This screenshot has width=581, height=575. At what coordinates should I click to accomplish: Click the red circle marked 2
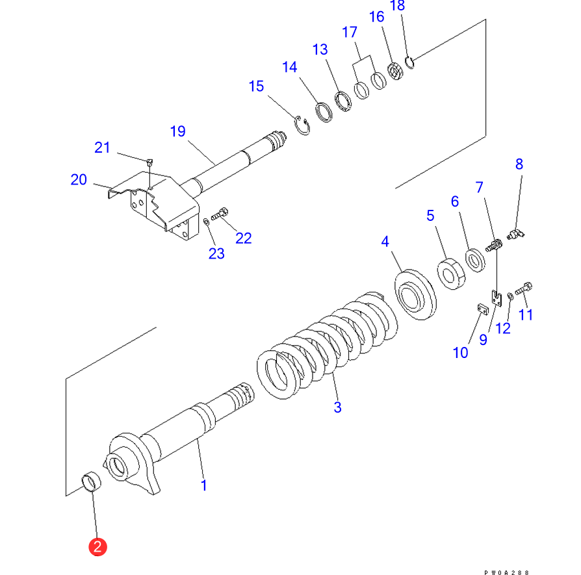click(98, 547)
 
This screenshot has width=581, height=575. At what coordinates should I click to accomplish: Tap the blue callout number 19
click(178, 131)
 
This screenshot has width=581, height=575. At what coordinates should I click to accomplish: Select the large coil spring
click(328, 345)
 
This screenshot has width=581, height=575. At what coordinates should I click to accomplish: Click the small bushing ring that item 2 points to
click(91, 481)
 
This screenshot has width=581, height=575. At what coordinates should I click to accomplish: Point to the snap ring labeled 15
click(302, 125)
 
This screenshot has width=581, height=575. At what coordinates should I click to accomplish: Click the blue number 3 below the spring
click(337, 407)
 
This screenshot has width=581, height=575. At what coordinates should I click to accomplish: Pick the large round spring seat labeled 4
click(415, 294)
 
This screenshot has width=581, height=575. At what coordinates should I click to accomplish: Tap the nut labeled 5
click(451, 274)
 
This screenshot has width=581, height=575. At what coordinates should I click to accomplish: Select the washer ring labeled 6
click(475, 261)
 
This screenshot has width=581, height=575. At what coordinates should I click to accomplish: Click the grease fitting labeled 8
click(516, 234)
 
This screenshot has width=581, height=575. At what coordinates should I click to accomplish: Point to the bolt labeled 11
click(524, 288)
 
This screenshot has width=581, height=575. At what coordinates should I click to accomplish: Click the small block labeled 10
click(483, 309)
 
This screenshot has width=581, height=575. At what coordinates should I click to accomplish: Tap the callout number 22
click(244, 238)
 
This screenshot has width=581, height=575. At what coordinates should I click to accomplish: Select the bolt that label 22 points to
click(220, 214)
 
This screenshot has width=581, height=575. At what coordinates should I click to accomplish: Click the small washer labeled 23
click(207, 222)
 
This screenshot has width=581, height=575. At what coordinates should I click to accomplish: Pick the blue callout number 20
click(79, 180)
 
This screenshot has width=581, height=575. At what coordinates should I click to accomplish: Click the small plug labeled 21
click(149, 162)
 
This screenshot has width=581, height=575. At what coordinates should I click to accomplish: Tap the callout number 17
click(350, 32)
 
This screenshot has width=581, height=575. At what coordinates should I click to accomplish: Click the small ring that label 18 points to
click(409, 62)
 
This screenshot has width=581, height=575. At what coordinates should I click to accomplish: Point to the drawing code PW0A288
click(506, 572)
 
